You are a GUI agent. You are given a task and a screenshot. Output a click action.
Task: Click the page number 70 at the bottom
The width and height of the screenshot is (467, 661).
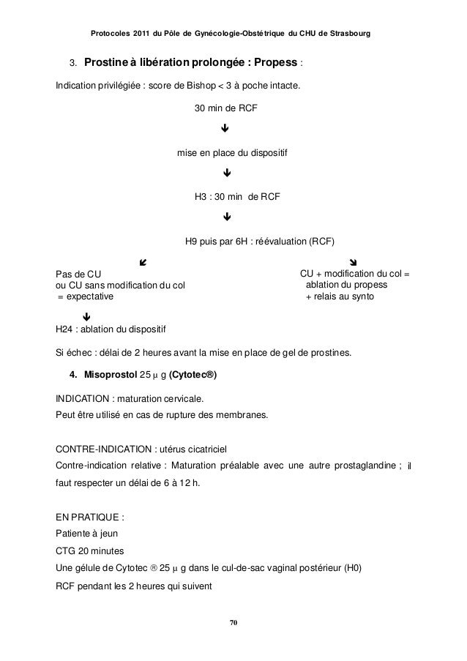[x=233, y=622]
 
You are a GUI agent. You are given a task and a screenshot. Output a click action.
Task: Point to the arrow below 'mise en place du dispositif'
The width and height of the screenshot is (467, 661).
[x=228, y=174]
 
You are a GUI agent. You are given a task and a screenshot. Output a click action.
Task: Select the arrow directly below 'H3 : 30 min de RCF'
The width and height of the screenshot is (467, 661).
[x=228, y=217]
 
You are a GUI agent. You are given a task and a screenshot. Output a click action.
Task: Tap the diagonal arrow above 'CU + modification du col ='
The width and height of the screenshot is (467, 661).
[x=354, y=261]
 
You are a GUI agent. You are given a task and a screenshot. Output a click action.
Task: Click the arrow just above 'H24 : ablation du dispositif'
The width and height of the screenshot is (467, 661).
[x=86, y=317]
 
